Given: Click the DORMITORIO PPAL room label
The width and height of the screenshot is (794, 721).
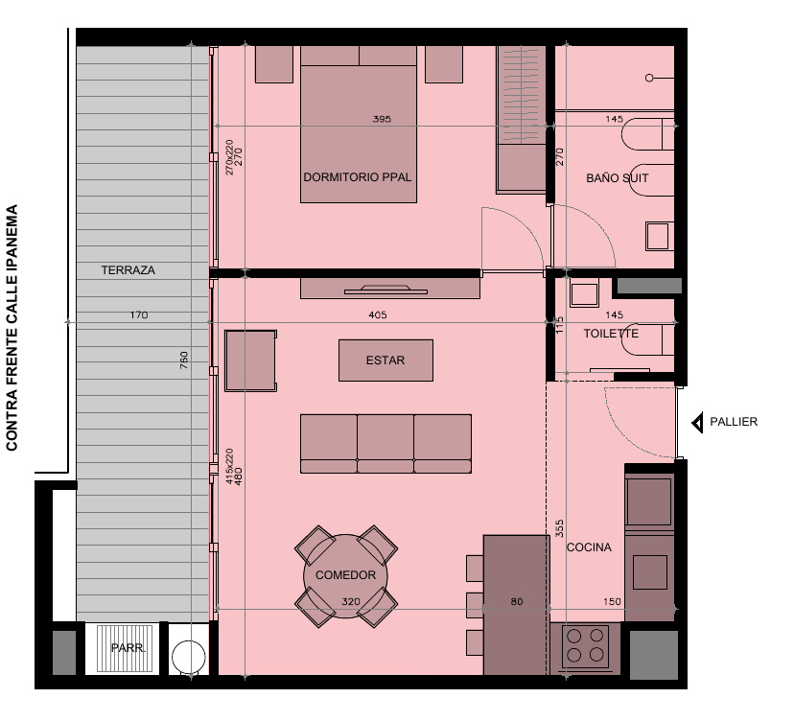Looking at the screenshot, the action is pos(357,177).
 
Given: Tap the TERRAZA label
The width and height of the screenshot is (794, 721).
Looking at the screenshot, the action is pos(128,270).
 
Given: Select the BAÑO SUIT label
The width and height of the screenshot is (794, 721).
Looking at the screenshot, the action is pos(617,177).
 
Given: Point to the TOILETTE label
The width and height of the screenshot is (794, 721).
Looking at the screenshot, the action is pos(611,333).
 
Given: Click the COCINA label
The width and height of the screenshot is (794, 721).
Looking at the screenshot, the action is pos(589,547).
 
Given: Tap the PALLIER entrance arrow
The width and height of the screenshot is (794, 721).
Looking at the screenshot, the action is pos(698,422).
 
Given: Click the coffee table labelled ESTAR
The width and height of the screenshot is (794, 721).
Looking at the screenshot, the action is pos(385,360).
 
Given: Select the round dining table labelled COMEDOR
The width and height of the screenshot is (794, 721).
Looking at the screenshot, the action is pos(345,576).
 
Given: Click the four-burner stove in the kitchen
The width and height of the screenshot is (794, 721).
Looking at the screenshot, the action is pos(585,645).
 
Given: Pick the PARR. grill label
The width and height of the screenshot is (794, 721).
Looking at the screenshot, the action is pos(128,648).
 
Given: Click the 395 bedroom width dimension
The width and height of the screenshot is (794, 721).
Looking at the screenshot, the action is pos(382,119).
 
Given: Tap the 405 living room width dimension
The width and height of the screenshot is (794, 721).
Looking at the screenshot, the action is pos(378,314).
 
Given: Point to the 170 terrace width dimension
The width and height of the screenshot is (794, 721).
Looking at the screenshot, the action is pos(139,314).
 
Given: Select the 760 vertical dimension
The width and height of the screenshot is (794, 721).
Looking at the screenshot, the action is pos(184,360).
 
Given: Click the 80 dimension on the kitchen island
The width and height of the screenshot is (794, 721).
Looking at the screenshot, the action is pos(517,601).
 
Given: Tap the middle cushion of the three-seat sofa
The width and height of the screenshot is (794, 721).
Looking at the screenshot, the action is pos(385,444).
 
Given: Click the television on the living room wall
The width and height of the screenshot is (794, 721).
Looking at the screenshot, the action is pos(385,290).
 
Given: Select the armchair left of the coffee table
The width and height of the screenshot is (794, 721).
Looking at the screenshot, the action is pos(250,360).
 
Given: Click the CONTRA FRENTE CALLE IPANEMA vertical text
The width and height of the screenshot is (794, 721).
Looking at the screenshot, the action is pos(12,328).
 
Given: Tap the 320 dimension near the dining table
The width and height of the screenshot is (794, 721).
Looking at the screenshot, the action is pos(350,601).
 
